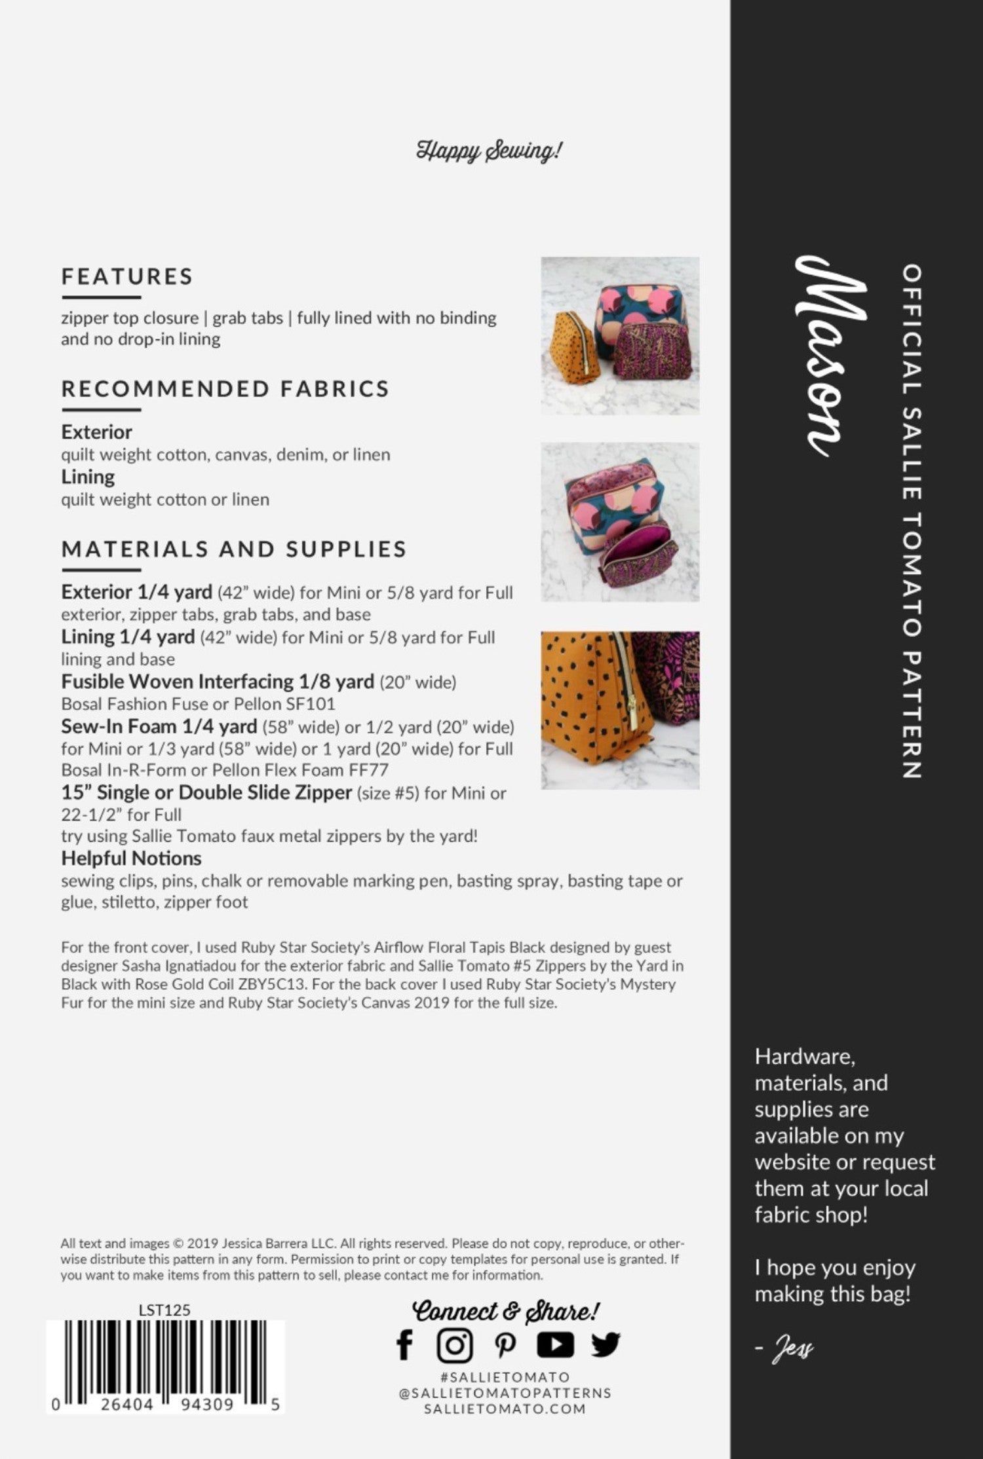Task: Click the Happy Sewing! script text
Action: pyautogui.click(x=489, y=151)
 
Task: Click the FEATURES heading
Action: pyautogui.click(x=127, y=276)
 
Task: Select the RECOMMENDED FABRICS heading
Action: pyautogui.click(x=225, y=389)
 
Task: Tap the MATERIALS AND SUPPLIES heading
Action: pyautogui.click(x=234, y=549)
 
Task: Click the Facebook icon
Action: pyautogui.click(x=404, y=1345)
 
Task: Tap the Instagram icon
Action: pyautogui.click(x=454, y=1345)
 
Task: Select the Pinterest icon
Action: pyautogui.click(x=505, y=1345)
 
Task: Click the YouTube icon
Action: pyautogui.click(x=555, y=1345)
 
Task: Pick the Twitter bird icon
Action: pyautogui.click(x=605, y=1345)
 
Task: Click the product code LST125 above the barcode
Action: pyautogui.click(x=164, y=1310)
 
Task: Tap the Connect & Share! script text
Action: pyautogui.click(x=505, y=1311)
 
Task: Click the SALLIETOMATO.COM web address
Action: pyautogui.click(x=505, y=1409)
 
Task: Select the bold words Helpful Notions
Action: pyautogui.click(x=131, y=859)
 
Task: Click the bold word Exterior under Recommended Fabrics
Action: pyautogui.click(x=96, y=432)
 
